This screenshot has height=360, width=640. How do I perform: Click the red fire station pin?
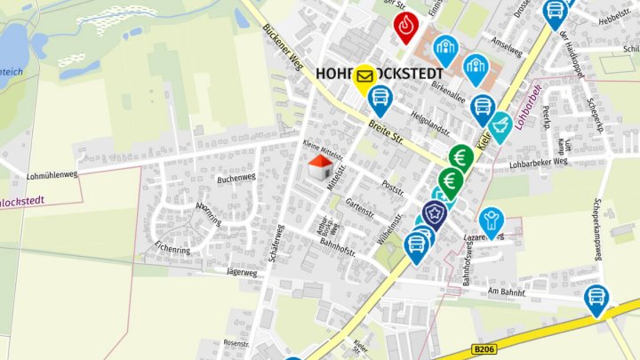pyautogui.click(x=405, y=27)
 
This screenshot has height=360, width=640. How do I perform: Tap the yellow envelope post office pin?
pyautogui.click(x=364, y=76)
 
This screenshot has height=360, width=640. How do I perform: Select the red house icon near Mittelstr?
pyautogui.click(x=320, y=165)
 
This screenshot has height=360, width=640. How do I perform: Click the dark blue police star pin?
pyautogui.click(x=434, y=213)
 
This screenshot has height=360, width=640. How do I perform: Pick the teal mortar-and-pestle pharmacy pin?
pyautogui.click(x=500, y=124)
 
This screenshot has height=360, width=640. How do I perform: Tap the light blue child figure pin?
pyautogui.click(x=490, y=219)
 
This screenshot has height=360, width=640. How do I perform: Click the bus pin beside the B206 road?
pyautogui.click(x=597, y=299)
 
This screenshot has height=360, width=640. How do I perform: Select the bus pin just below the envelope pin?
pyautogui.click(x=380, y=98)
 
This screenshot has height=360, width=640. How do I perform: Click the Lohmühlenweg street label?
pyautogui.click(x=54, y=176)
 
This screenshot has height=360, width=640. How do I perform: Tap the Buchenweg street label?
pyautogui.click(x=236, y=178)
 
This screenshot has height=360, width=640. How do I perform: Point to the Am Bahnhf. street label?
pyautogui.click(x=508, y=292)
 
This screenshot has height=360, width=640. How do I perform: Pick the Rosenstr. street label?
pyautogui.click(x=236, y=343)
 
